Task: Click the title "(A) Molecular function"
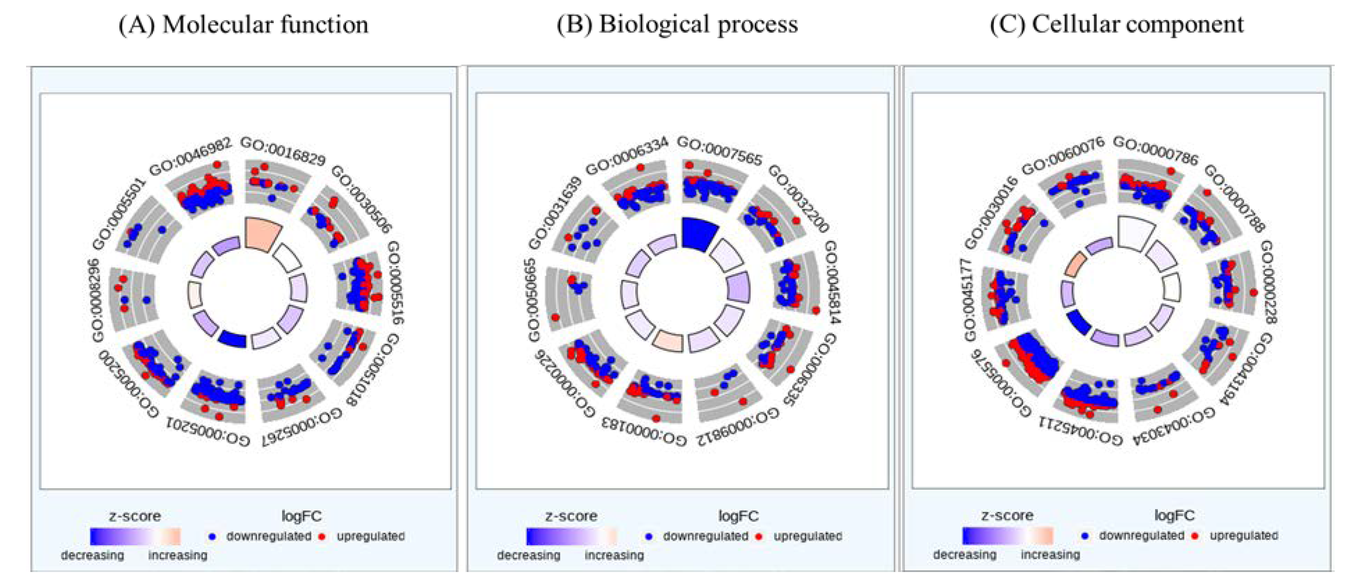tap(243, 25)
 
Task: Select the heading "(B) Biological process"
tap(677, 25)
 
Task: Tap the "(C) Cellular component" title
tap(1116, 25)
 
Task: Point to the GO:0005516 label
tap(396, 283)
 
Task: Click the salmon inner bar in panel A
tap(263, 234)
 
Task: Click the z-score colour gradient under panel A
tap(135, 536)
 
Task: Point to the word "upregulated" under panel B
tap(808, 536)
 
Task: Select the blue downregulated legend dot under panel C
tap(1085, 535)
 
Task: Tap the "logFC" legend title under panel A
tap(301, 516)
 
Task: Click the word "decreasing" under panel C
tap(965, 555)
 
